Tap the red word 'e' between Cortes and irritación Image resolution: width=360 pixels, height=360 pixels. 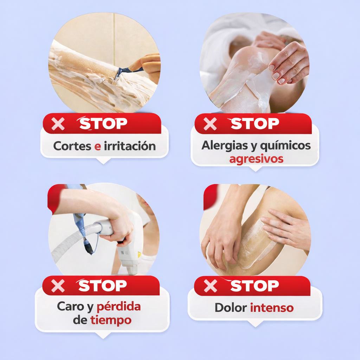98,147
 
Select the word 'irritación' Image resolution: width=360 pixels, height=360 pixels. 130,146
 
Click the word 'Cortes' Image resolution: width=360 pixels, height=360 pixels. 72,146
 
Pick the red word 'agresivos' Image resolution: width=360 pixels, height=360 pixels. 256,159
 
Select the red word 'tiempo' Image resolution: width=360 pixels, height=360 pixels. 111,320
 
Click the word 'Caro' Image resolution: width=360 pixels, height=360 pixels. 70,307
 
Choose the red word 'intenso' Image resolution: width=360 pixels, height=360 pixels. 272,308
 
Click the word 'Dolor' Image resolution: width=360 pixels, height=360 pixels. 231,308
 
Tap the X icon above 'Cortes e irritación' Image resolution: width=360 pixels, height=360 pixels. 58,124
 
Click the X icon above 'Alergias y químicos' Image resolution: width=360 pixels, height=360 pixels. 210,124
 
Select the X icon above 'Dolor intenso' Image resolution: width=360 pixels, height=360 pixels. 210,286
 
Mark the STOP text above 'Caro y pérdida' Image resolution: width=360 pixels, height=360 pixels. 102,285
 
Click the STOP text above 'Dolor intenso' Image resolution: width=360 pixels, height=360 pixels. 254,286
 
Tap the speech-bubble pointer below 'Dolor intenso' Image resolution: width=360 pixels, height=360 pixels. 255,324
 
